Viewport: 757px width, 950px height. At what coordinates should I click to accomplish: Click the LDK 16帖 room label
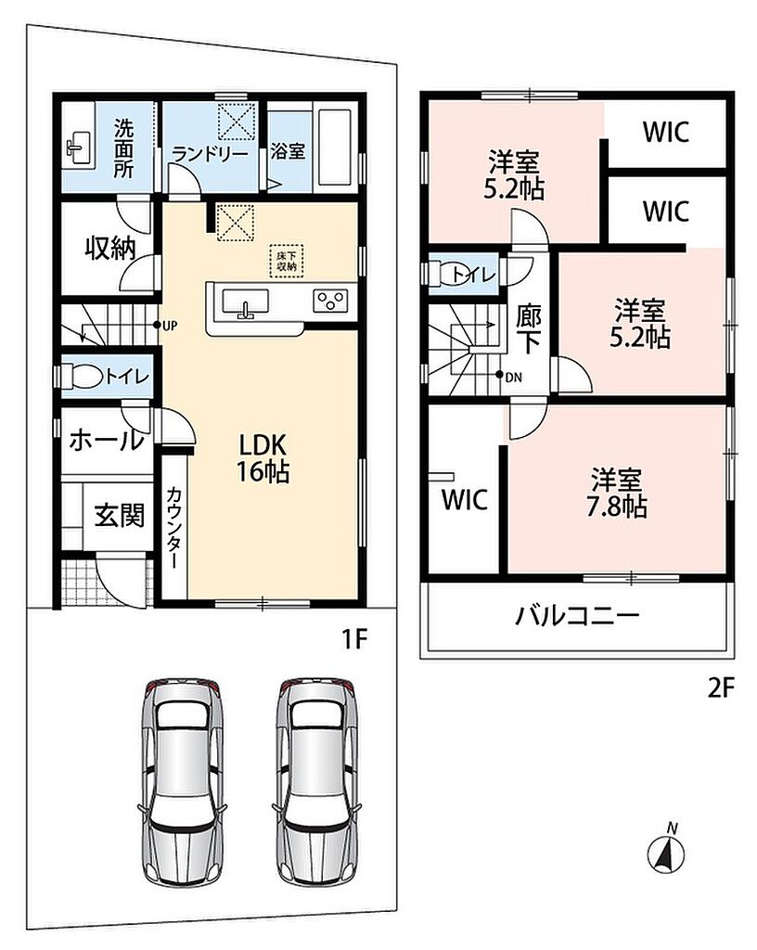[263, 458]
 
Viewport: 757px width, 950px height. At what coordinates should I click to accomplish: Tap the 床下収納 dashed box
[287, 261]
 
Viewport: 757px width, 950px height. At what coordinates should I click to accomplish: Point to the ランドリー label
[211, 155]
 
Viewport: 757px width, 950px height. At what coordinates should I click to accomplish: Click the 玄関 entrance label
[120, 516]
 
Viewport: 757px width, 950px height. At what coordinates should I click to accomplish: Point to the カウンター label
[173, 527]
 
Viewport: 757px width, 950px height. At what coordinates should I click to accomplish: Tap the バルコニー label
[577, 617]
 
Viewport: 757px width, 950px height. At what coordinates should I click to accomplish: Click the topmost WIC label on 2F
[666, 132]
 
